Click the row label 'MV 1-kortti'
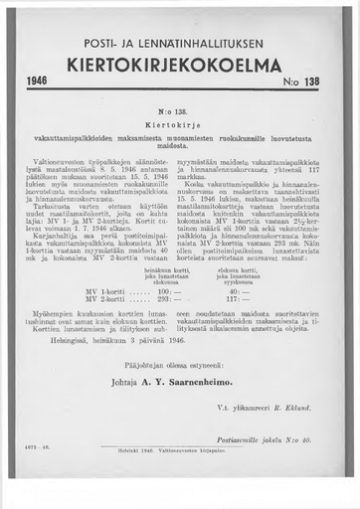[x=85, y=291]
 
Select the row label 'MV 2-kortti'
[x=85, y=299]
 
